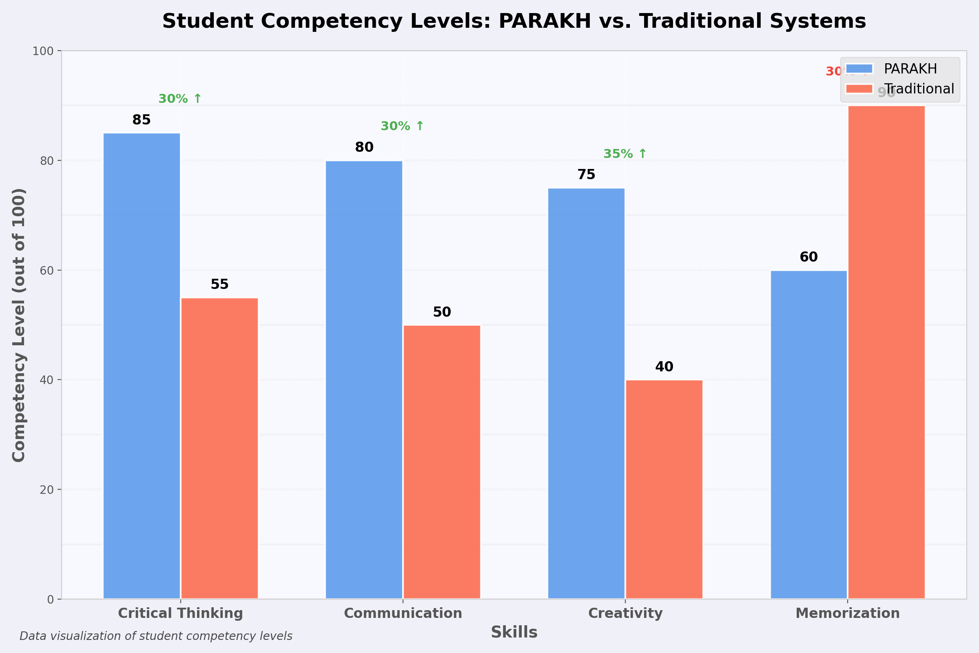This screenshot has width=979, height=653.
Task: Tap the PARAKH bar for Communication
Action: click(364, 380)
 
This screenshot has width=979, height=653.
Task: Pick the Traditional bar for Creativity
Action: click(664, 489)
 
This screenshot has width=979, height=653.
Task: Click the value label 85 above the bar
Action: click(142, 120)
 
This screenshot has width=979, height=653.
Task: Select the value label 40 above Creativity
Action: click(664, 367)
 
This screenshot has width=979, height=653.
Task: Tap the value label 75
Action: click(586, 175)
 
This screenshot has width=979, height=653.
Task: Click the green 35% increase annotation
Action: click(625, 154)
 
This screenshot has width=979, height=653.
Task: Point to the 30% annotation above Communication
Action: click(402, 126)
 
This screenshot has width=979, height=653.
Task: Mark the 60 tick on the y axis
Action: click(47, 270)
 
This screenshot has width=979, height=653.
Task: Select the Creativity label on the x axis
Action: click(625, 613)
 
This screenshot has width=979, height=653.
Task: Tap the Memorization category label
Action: click(848, 613)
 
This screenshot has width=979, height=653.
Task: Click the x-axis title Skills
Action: click(514, 633)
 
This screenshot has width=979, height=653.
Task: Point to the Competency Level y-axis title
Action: click(19, 325)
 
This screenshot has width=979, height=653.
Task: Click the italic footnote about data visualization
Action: click(156, 636)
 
